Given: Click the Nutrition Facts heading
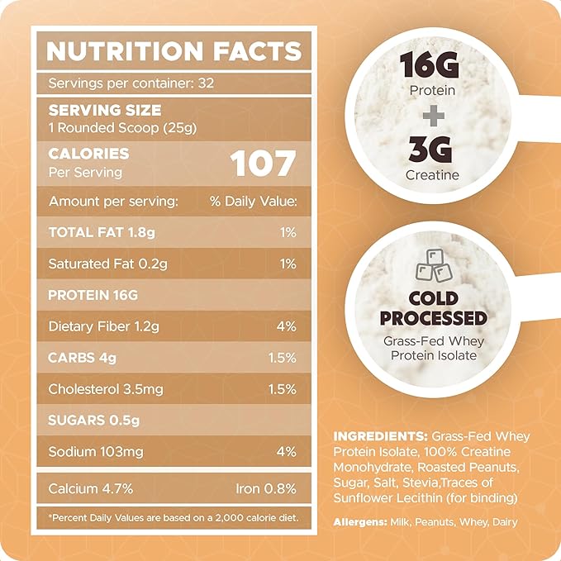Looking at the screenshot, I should (174, 50).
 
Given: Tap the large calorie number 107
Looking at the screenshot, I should (263, 163).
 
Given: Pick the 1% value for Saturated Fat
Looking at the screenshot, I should (288, 264).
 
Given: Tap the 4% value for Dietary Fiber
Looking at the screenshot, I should (286, 326).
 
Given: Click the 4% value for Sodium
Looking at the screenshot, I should (286, 451).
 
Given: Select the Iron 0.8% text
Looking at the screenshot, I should (265, 488).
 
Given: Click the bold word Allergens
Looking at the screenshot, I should (361, 522).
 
